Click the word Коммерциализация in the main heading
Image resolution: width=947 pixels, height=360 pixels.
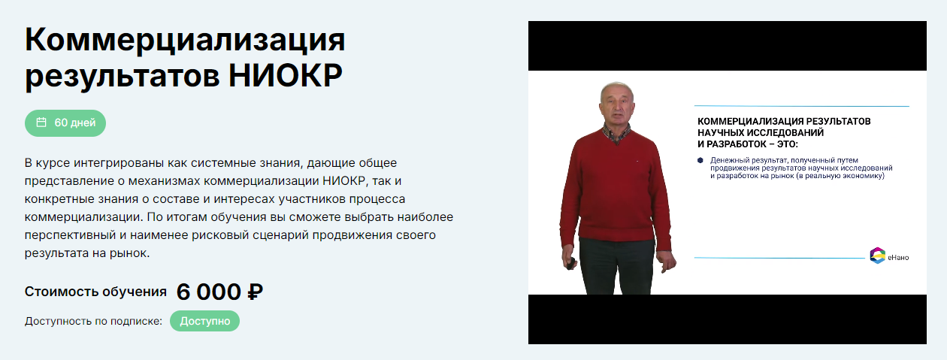click(185, 41)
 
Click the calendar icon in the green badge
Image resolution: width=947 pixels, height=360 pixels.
click(41, 123)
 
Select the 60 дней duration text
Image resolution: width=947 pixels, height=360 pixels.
click(75, 123)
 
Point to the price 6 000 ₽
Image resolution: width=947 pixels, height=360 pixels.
click(219, 292)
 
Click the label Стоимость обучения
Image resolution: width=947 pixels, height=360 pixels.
click(95, 292)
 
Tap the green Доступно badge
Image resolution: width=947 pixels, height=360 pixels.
click(204, 321)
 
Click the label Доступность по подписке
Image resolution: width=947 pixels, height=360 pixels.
click(93, 321)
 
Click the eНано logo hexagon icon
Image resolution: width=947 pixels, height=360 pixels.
click(877, 256)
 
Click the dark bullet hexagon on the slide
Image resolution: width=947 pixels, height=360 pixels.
click(700, 160)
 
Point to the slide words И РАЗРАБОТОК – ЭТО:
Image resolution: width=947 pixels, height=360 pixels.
click(748, 144)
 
